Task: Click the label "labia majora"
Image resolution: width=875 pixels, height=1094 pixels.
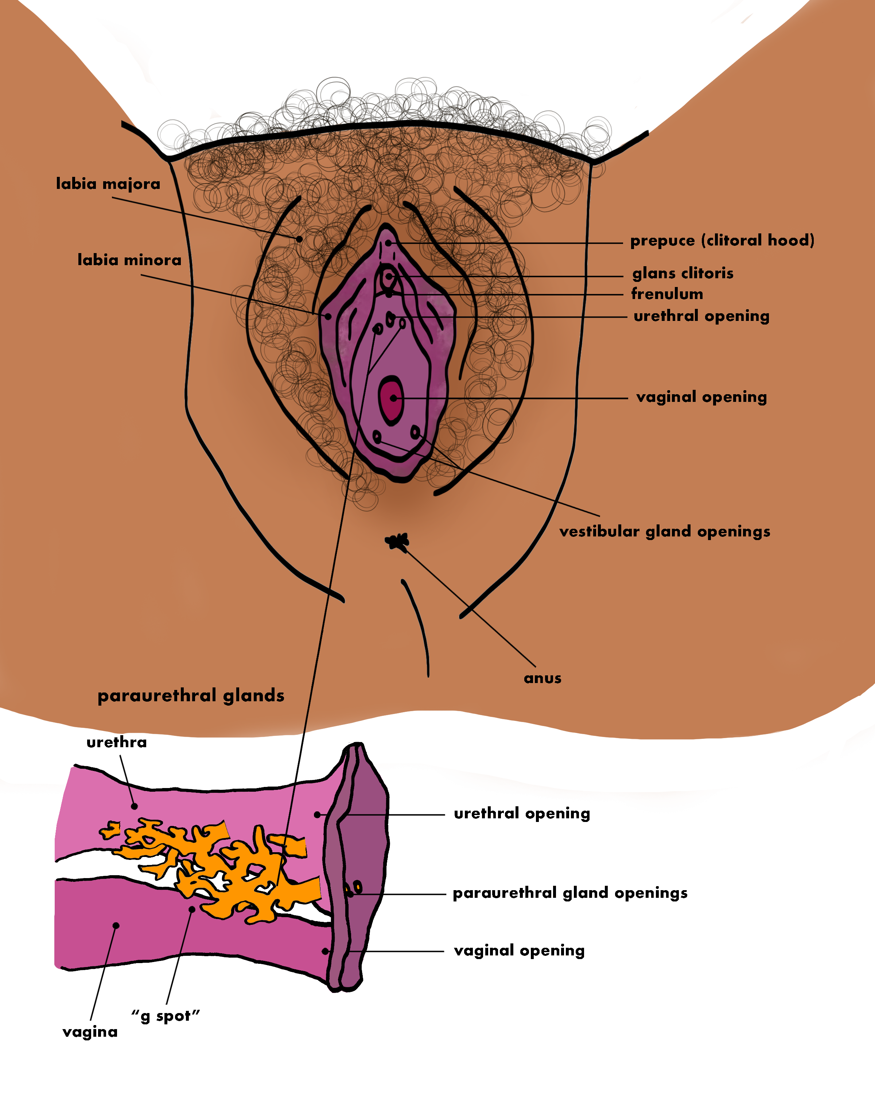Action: [x=108, y=184]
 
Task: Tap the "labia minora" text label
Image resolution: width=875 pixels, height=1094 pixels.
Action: [x=129, y=260]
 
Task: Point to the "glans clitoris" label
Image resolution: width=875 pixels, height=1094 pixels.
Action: [x=683, y=273]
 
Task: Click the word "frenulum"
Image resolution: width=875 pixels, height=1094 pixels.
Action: [x=667, y=294]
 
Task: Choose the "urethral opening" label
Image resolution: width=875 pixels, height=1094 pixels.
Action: [x=701, y=316]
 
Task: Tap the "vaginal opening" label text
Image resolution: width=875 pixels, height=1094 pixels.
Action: [x=701, y=397]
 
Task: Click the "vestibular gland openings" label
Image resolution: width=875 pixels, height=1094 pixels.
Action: [x=665, y=531]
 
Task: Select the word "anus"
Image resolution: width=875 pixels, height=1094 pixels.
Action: [x=542, y=678]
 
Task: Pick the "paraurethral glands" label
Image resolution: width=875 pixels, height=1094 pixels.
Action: [x=191, y=696]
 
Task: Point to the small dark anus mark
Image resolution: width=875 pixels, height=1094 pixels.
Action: [x=397, y=542]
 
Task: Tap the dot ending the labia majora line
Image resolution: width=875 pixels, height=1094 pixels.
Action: [x=299, y=238]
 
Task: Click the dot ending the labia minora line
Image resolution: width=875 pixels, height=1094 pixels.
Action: [x=328, y=317]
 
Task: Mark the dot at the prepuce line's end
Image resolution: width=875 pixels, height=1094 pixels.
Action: [x=389, y=243]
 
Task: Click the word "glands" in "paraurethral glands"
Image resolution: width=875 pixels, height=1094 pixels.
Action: [x=254, y=696]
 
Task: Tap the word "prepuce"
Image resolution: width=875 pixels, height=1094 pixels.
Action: [x=662, y=241]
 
